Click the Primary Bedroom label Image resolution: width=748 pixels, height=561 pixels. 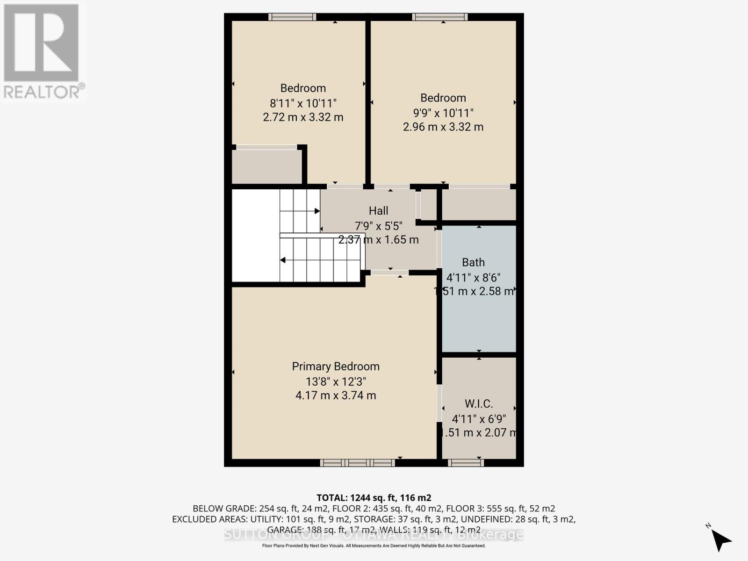tap(336, 366)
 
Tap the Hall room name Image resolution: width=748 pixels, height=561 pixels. tap(378, 211)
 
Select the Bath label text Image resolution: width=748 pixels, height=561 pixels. tap(473, 262)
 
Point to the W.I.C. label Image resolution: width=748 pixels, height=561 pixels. tap(479, 403)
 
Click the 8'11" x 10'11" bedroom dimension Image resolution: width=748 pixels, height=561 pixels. tap(303, 103)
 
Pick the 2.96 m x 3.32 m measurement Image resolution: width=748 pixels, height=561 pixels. tap(443, 127)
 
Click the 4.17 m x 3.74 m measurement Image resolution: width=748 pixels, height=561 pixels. tap(336, 396)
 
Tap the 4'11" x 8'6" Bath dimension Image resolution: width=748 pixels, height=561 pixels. tap(473, 277)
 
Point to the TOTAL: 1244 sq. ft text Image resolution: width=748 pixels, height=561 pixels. tap(374, 498)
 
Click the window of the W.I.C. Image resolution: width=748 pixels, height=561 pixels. tap(466, 463)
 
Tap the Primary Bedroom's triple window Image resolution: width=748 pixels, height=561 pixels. tap(358, 463)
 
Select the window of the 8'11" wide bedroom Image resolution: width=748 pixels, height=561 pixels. tap(292, 17)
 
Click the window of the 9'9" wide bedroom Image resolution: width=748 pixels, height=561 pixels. tap(439, 17)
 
